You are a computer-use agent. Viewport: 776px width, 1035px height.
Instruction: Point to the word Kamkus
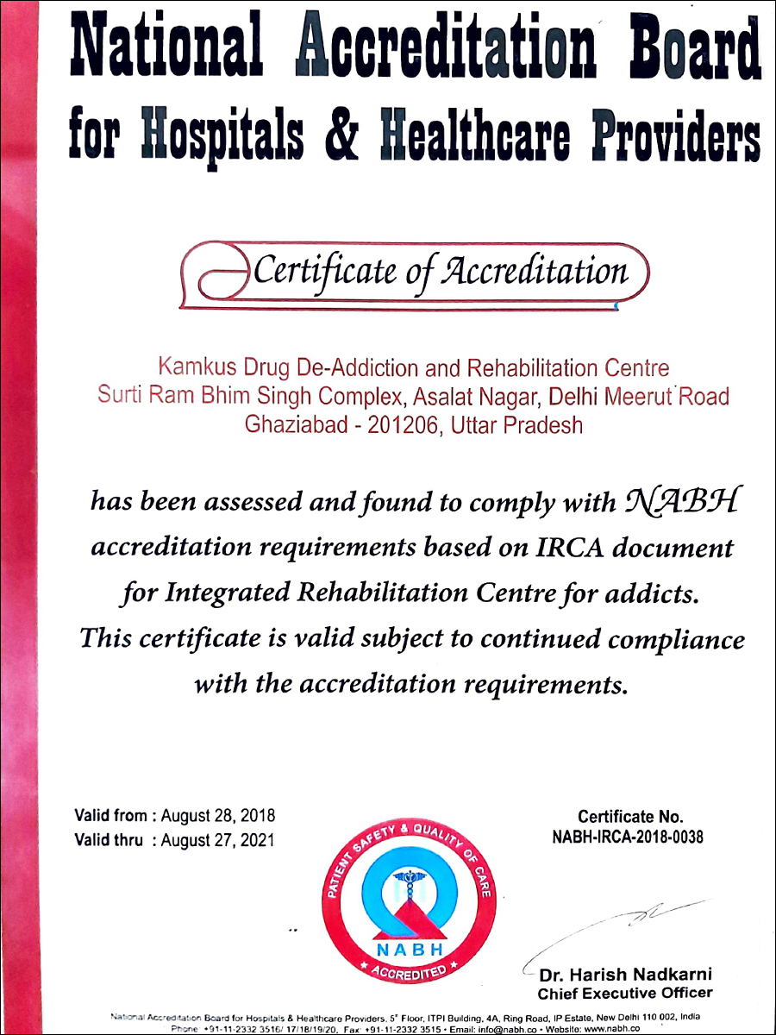189,368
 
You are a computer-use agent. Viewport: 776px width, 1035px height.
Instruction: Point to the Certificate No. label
630,816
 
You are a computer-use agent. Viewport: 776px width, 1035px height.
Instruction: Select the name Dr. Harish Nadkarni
626,975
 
